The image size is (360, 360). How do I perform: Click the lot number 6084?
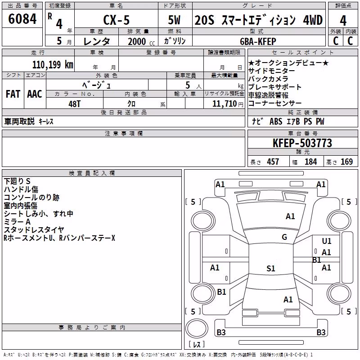(x=22, y=19)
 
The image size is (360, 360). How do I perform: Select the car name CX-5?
(x=117, y=20)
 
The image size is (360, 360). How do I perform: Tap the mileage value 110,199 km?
(x=53, y=65)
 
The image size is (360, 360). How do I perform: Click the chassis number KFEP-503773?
(x=302, y=143)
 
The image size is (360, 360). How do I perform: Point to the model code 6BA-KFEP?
(x=258, y=41)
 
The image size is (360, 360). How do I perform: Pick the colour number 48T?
(x=74, y=104)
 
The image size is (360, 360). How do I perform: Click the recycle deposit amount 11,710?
(x=224, y=104)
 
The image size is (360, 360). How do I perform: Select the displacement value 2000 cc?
(x=141, y=42)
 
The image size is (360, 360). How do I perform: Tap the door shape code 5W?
(x=174, y=20)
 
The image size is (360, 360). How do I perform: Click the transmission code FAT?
(x=13, y=94)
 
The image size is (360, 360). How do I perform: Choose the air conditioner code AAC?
(x=35, y=94)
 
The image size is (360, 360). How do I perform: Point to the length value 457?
(x=273, y=162)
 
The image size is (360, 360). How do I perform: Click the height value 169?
(x=346, y=162)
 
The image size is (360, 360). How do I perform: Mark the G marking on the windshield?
(x=284, y=237)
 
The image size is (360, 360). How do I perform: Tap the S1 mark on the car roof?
(x=271, y=268)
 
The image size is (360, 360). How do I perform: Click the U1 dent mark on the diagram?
(x=327, y=241)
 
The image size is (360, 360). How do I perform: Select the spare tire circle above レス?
(x=197, y=328)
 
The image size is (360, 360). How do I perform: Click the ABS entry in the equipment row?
(x=276, y=121)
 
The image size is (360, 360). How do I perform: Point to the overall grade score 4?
(x=343, y=21)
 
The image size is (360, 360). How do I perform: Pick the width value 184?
(x=310, y=162)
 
